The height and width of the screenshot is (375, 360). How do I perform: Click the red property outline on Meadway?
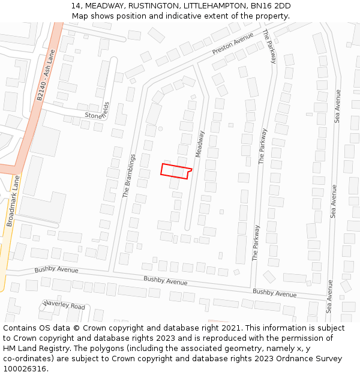(176, 171)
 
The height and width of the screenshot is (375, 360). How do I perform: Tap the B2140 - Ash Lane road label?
(45, 76)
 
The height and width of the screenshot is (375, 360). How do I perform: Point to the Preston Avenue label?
(233, 44)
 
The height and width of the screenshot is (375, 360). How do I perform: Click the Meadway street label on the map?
(200, 148)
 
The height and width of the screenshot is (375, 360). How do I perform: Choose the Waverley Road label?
(64, 305)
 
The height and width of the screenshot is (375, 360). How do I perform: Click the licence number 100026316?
(25, 368)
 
